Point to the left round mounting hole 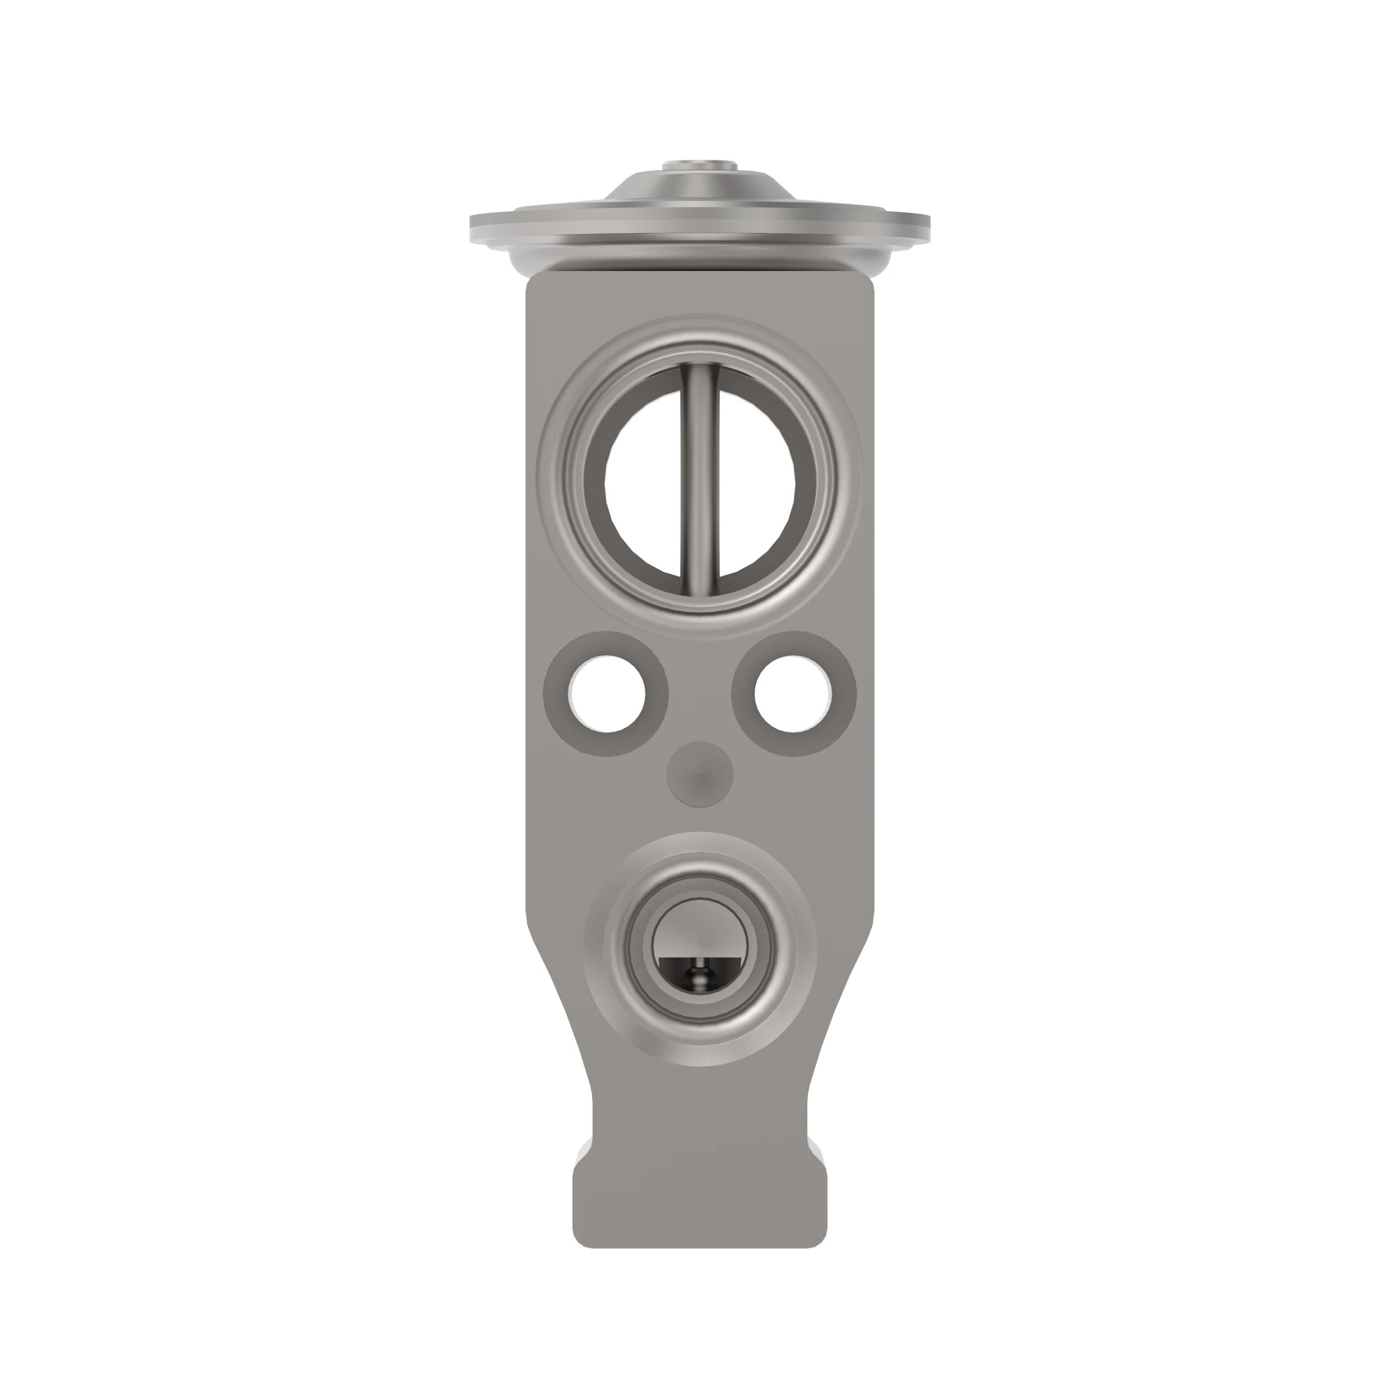607,694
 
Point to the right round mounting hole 793,694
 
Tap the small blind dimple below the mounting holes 700,773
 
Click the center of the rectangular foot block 700,1189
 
